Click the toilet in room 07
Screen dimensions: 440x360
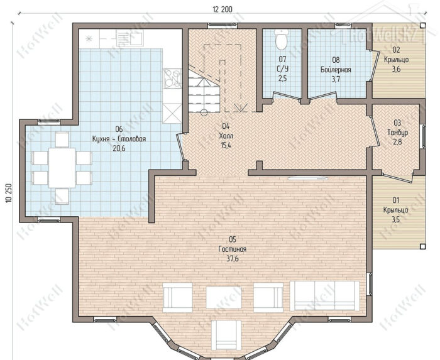click(x=282, y=39)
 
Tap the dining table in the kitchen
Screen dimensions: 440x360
click(x=62, y=168)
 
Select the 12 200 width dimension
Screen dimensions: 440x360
click(x=223, y=9)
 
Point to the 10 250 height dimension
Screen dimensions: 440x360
click(x=8, y=193)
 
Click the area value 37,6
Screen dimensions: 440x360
click(x=233, y=258)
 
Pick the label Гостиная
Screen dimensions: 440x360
click(x=233, y=249)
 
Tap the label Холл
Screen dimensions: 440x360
click(x=226, y=136)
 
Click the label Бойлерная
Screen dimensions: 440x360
click(x=336, y=70)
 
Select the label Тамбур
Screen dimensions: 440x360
click(x=398, y=132)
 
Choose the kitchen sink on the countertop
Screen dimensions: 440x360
click(x=129, y=38)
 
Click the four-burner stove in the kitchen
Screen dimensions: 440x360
click(x=172, y=79)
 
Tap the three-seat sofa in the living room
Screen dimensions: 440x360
click(x=325, y=296)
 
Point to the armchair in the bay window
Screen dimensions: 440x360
click(x=226, y=335)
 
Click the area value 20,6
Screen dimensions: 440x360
click(x=119, y=148)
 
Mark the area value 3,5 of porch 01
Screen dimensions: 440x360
click(x=395, y=219)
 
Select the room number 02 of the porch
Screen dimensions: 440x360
click(x=396, y=50)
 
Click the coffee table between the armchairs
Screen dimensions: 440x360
click(x=224, y=297)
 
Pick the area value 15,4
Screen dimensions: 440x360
click(x=226, y=145)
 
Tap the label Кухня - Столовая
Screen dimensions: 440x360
click(x=119, y=139)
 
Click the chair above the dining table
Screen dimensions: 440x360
click(x=62, y=139)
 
